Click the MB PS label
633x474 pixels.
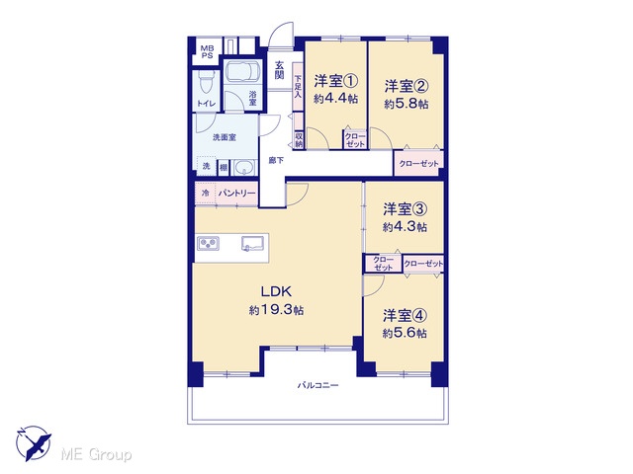point(207,52)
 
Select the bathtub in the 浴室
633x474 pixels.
point(242,72)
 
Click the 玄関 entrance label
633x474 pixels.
point(279,70)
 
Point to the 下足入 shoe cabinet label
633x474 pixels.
point(298,87)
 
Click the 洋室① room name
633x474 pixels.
point(336,81)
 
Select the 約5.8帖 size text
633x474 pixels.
point(407,104)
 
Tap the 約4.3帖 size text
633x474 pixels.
point(405,226)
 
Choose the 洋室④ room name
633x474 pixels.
point(405,316)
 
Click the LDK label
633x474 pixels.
point(276,291)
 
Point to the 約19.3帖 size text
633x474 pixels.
point(277,310)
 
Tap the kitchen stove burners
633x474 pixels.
point(209,243)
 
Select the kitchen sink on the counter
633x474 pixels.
point(253,244)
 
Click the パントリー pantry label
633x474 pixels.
point(237,194)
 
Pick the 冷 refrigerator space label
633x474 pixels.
point(206,194)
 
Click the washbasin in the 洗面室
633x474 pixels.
point(244,167)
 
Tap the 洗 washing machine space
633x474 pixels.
point(207,166)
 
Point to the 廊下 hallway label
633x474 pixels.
point(276,160)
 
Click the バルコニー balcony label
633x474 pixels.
point(318,385)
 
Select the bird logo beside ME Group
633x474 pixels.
point(33,443)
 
